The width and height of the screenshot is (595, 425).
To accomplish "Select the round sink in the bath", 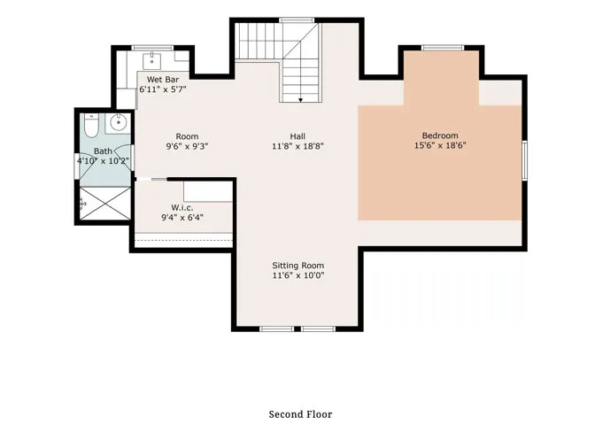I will pyautogui.click(x=117, y=123).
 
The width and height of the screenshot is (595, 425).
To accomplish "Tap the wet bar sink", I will pyautogui.click(x=151, y=60).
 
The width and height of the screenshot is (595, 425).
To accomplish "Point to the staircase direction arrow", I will pyautogui.click(x=301, y=99).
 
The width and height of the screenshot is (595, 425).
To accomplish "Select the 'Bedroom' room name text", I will pyautogui.click(x=439, y=135).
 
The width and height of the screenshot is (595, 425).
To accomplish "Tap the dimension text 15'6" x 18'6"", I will pyautogui.click(x=439, y=146).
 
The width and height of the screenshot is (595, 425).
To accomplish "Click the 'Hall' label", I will pyautogui.click(x=297, y=135).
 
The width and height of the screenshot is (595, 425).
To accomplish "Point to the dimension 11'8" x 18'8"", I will pyautogui.click(x=297, y=146).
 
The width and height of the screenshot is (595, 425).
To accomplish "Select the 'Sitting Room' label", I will pyautogui.click(x=297, y=266).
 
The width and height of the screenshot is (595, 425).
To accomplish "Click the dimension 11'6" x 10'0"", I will pyautogui.click(x=297, y=276).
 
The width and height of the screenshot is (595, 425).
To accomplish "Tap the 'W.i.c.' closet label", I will pyautogui.click(x=182, y=207).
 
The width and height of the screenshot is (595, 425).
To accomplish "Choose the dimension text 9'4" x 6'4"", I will pyautogui.click(x=182, y=217).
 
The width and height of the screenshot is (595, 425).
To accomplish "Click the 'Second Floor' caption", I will pyautogui.click(x=300, y=413).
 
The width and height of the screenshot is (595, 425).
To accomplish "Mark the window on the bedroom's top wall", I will pyautogui.click(x=443, y=47).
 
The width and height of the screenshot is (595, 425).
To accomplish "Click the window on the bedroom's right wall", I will pyautogui.click(x=524, y=160).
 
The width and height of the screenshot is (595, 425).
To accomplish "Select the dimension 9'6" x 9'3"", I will pyautogui.click(x=187, y=146).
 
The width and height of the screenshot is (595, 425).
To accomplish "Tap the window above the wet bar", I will pyautogui.click(x=151, y=47).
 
